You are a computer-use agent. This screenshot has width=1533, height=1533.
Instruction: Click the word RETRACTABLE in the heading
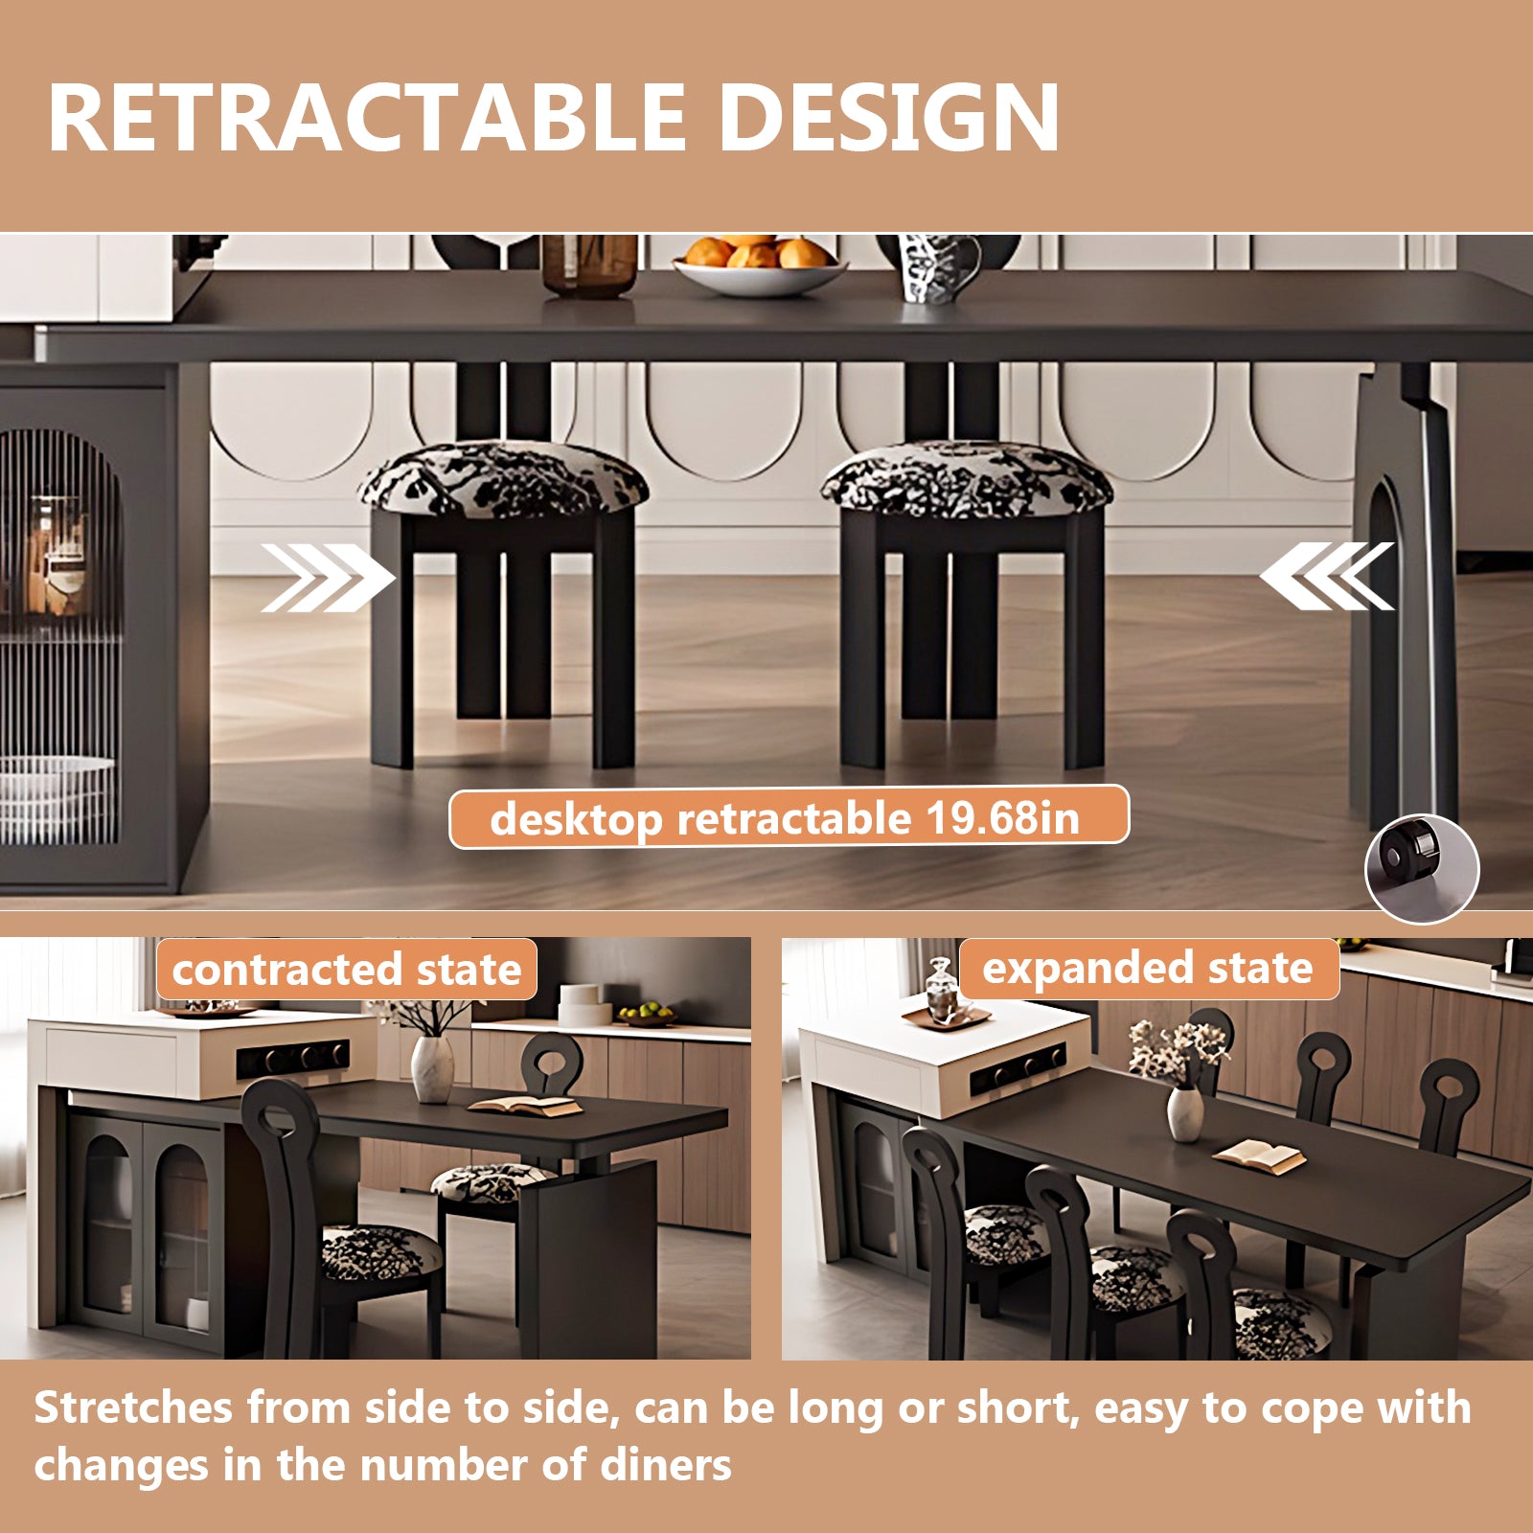click(x=366, y=117)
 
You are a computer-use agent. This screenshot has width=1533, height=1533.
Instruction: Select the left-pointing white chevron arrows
click(x=1327, y=576)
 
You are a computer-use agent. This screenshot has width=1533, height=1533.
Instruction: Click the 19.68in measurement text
click(x=1002, y=818)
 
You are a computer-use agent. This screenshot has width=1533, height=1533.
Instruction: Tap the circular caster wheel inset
click(x=1422, y=869)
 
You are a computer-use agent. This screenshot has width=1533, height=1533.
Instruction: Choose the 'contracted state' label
click(x=347, y=970)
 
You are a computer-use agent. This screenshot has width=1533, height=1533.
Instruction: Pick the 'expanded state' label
click(x=1148, y=969)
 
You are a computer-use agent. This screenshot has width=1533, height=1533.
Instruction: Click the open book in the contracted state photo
click(x=524, y=1105)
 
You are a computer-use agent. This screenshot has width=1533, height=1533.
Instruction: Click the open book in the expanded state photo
click(x=1258, y=1155)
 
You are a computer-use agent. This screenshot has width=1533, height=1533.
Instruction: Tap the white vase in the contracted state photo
click(x=432, y=1068)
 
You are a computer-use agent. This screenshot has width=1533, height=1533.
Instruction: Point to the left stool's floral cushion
click(x=503, y=478)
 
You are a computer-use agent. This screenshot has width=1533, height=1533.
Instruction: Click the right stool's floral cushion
click(x=967, y=478)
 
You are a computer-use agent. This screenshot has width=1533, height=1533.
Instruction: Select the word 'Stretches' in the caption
click(x=133, y=1408)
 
